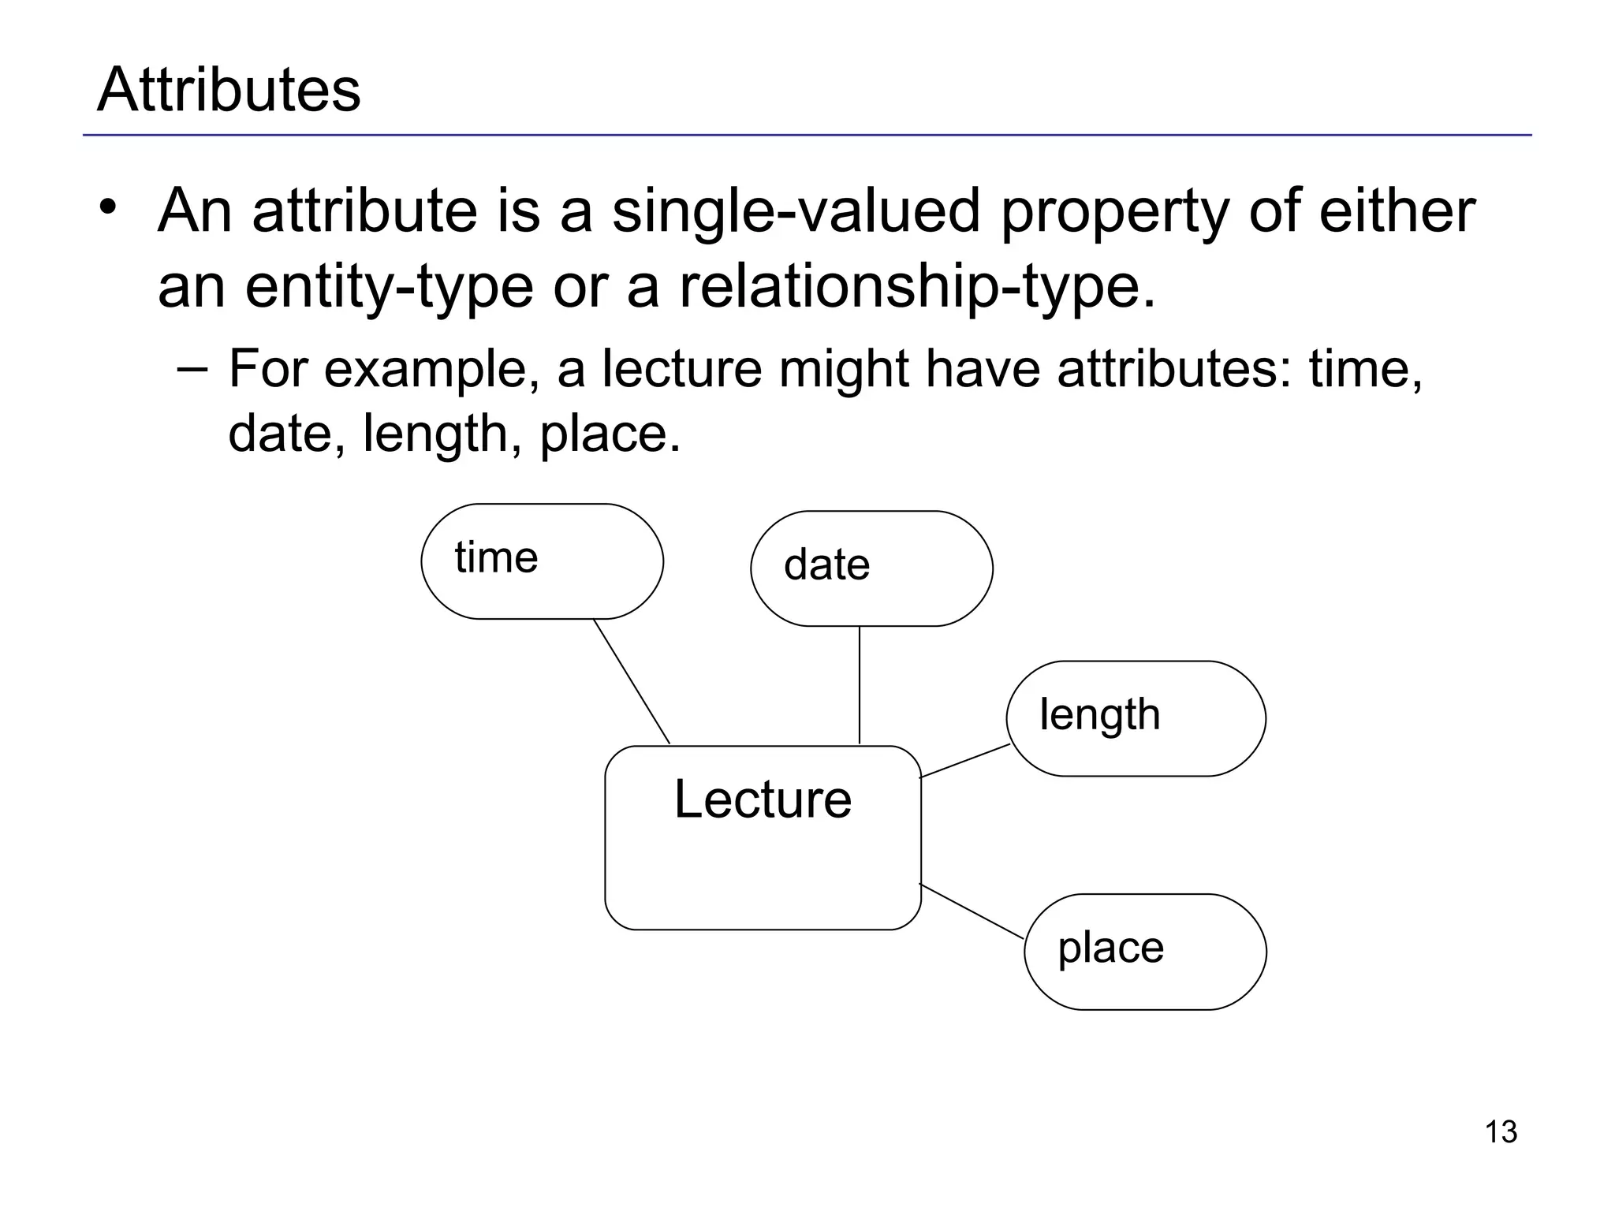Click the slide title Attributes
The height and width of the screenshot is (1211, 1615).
[x=229, y=90]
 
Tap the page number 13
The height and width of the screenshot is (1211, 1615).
[x=1501, y=1132]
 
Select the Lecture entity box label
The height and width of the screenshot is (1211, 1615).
[x=763, y=799]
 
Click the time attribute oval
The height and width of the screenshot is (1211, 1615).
[x=542, y=561]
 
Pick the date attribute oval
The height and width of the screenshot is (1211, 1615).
[x=871, y=568]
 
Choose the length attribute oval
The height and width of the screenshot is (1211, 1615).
[x=1136, y=718]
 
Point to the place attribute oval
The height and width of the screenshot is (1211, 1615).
[x=1145, y=952]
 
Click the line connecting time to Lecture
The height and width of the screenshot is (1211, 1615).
[x=631, y=681]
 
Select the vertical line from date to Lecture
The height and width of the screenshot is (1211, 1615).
[x=860, y=684]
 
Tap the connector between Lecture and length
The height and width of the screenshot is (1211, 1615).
[x=964, y=761]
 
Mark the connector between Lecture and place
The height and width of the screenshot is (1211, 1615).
[x=972, y=911]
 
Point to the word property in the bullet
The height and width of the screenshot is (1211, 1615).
[x=1115, y=213]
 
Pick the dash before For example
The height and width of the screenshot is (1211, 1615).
[x=193, y=369]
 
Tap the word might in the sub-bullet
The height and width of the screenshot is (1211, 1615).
[x=845, y=370]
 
